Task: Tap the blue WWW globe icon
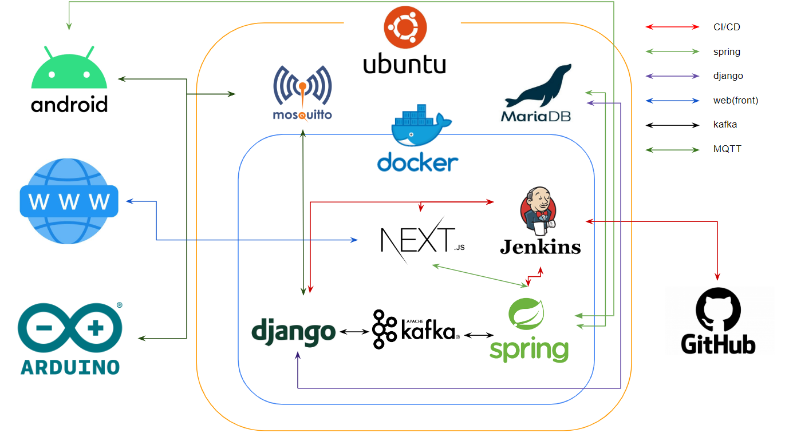(x=69, y=201)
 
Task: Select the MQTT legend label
(x=727, y=149)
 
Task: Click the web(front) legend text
(x=735, y=101)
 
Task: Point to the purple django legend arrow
(x=672, y=76)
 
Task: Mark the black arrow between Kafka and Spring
(x=479, y=335)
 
